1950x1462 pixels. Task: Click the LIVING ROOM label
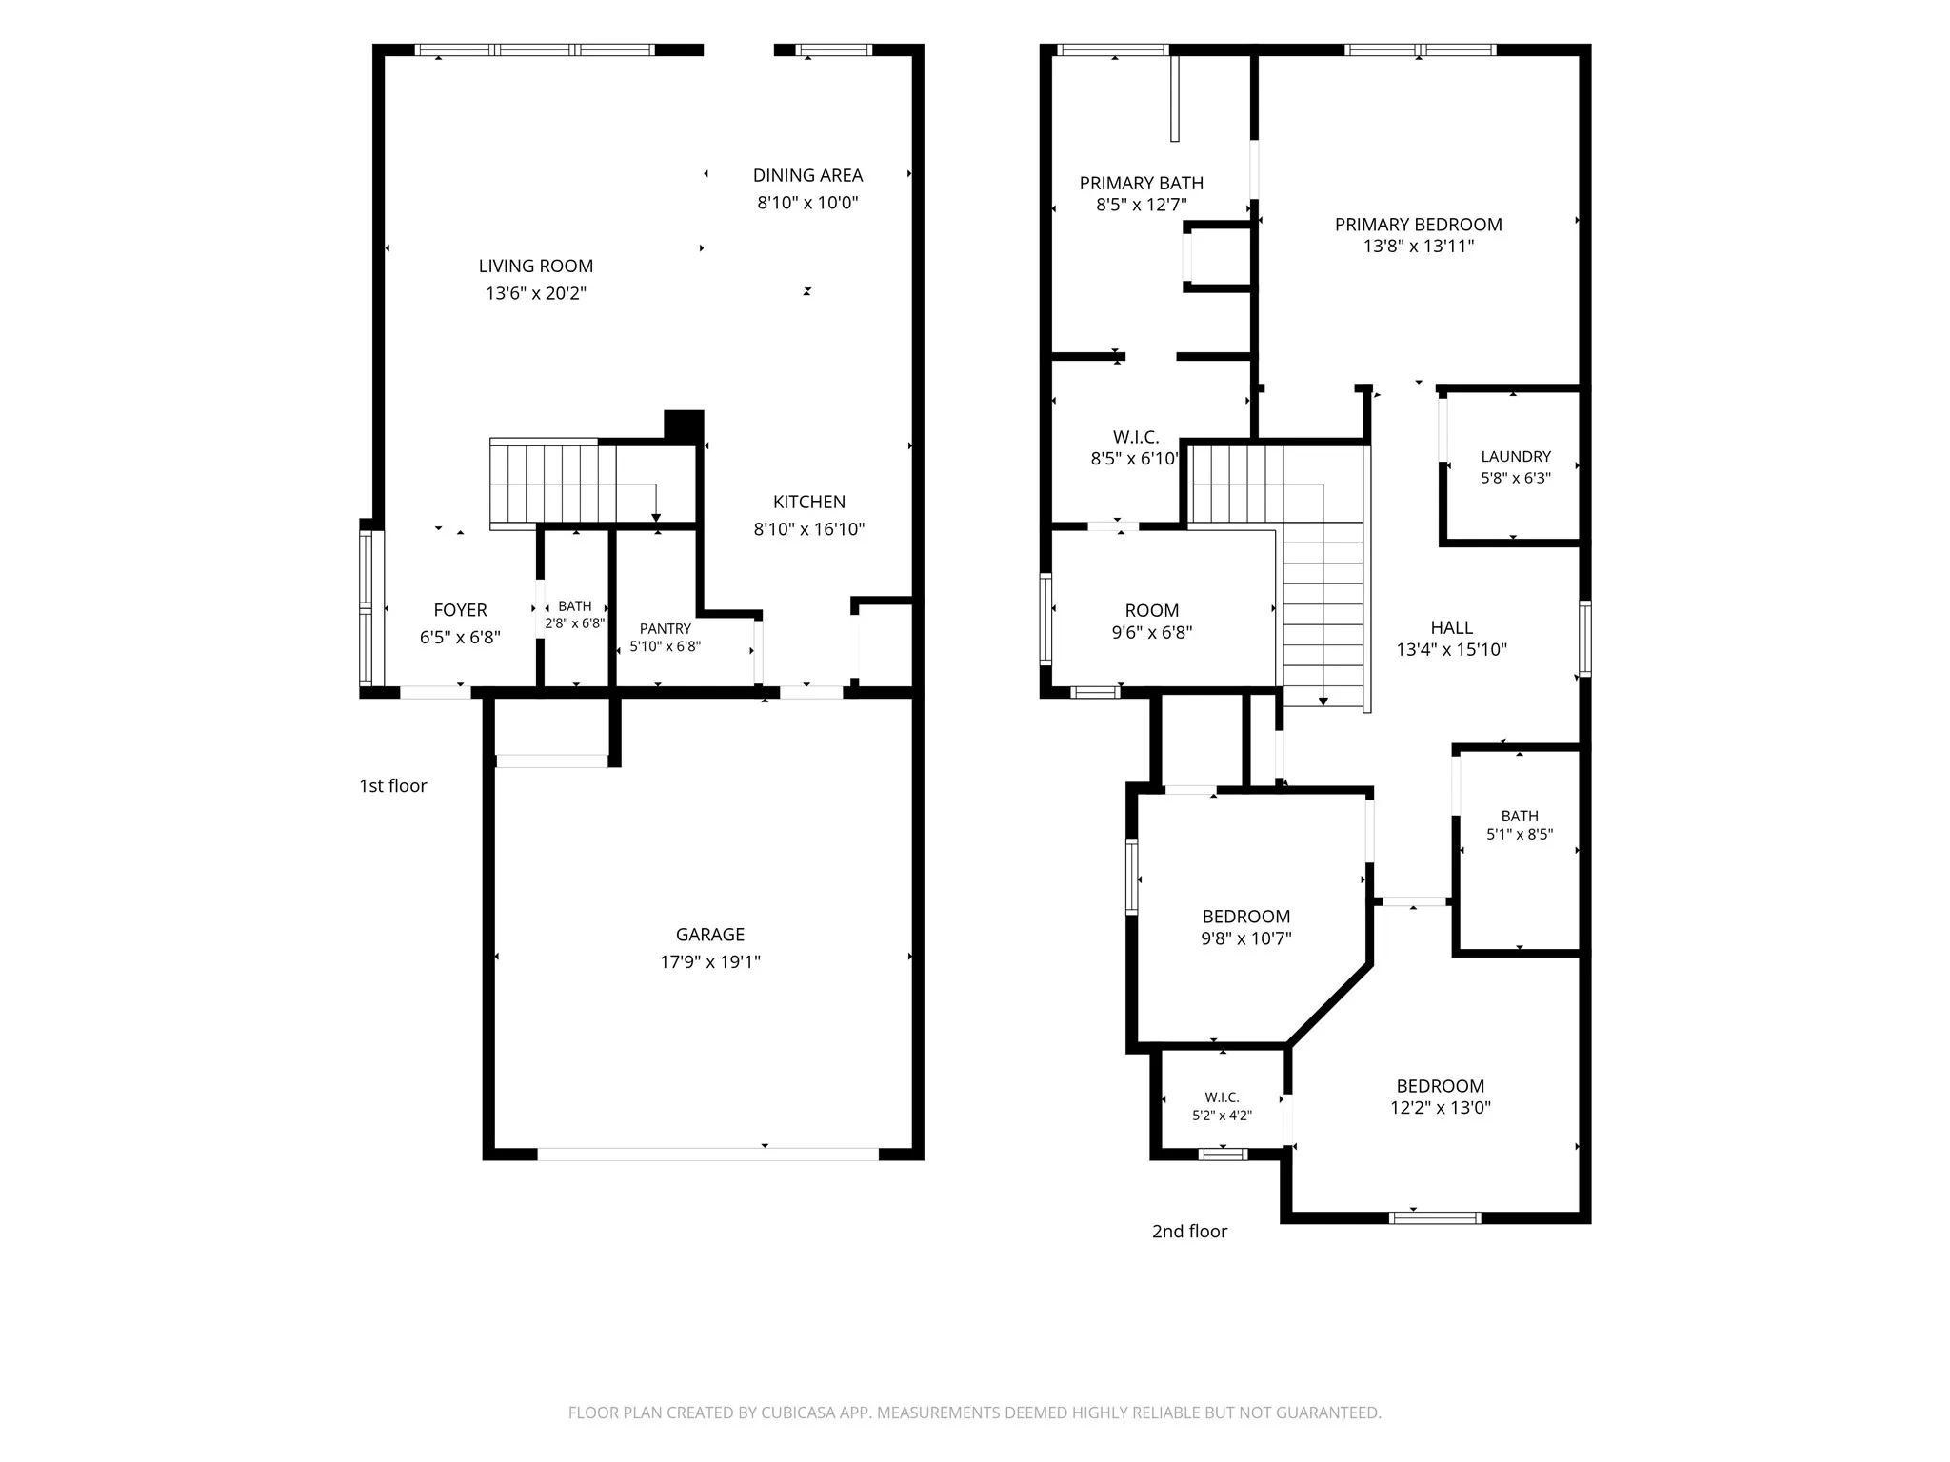click(x=536, y=267)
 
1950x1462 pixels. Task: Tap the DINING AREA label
click(x=808, y=175)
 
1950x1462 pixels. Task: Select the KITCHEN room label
click(x=809, y=502)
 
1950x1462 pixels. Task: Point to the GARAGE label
click(x=710, y=935)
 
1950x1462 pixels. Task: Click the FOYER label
click(x=461, y=610)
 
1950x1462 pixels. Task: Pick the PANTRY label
click(x=666, y=628)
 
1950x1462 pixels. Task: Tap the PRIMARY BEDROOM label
click(x=1419, y=225)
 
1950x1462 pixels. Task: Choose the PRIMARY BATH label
click(x=1142, y=183)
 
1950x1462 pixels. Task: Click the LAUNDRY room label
click(x=1516, y=457)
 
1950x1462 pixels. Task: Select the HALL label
click(x=1452, y=627)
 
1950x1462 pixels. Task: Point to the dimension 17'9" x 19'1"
click(x=710, y=961)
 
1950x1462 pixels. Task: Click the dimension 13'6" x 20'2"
click(x=536, y=293)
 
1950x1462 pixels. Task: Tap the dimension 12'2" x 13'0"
click(x=1441, y=1108)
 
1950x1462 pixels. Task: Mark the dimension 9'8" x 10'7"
click(x=1246, y=938)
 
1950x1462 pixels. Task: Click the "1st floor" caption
click(x=393, y=786)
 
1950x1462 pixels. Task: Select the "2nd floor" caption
click(x=1190, y=1232)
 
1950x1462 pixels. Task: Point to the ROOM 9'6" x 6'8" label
click(x=1152, y=621)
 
